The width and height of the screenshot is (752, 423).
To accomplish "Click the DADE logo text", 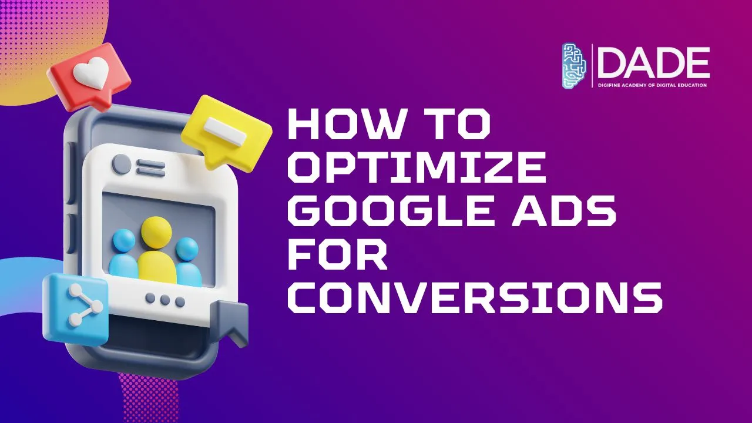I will click(653, 63).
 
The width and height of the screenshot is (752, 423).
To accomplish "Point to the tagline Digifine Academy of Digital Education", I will click(652, 85).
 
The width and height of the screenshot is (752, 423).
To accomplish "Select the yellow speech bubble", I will click(226, 132).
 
